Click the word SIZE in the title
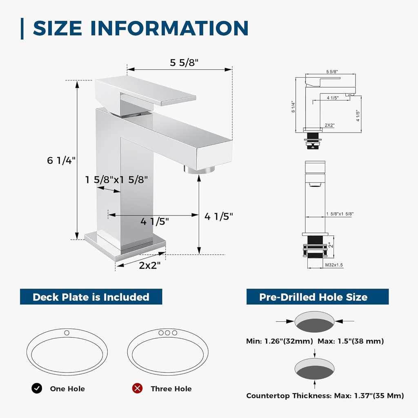57,28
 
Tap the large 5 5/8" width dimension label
184,62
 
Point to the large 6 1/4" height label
61,160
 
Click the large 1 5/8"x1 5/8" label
116,180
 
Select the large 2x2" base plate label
150,265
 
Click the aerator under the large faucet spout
199,169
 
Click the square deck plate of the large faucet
125,246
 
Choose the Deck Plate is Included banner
91,297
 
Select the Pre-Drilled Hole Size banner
318,297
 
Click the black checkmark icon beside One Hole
37,388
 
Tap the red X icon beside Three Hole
137,388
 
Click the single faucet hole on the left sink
67,333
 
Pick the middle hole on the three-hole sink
168,333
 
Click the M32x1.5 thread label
334,265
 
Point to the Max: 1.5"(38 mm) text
351,341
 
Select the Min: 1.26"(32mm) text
279,341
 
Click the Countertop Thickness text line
325,396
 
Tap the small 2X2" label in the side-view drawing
330,125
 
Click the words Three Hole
171,389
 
